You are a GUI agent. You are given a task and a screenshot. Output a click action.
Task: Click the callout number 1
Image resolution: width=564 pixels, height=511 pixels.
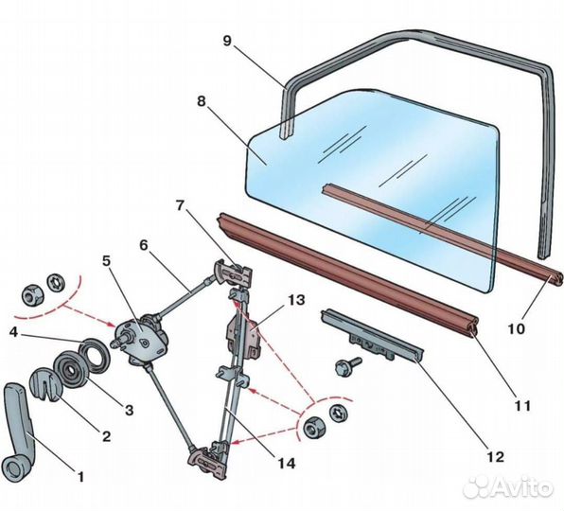(x=81, y=477)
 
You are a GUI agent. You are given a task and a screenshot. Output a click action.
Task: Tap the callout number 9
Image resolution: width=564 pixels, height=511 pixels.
(x=227, y=41)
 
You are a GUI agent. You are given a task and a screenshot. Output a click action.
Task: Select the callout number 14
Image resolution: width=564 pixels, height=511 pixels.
(x=287, y=463)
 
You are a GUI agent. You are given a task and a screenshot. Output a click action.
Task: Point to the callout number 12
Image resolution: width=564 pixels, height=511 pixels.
(x=496, y=456)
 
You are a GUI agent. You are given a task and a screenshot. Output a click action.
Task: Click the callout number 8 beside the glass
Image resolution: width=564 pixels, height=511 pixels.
(x=202, y=101)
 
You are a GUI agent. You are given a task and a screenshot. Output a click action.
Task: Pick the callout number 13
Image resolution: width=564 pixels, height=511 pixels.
(x=296, y=300)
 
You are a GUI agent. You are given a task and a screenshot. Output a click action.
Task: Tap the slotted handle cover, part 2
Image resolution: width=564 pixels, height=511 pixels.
(x=46, y=383)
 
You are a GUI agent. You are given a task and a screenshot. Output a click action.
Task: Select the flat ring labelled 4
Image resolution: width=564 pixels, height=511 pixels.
(x=95, y=354)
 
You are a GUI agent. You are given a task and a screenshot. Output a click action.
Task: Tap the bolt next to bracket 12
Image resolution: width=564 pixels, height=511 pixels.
(x=347, y=366)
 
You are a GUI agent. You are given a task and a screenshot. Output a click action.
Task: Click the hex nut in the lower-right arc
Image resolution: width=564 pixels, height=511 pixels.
(x=314, y=427)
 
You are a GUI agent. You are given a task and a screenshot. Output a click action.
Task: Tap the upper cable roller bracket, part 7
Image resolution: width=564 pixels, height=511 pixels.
(x=234, y=274)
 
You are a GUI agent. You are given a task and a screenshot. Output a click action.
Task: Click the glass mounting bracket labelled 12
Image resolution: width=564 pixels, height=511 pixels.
(x=372, y=335)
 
